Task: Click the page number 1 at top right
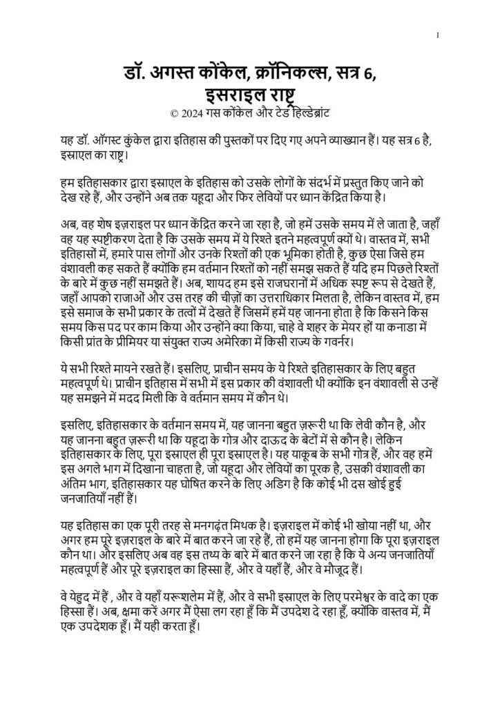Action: (x=439, y=35)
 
